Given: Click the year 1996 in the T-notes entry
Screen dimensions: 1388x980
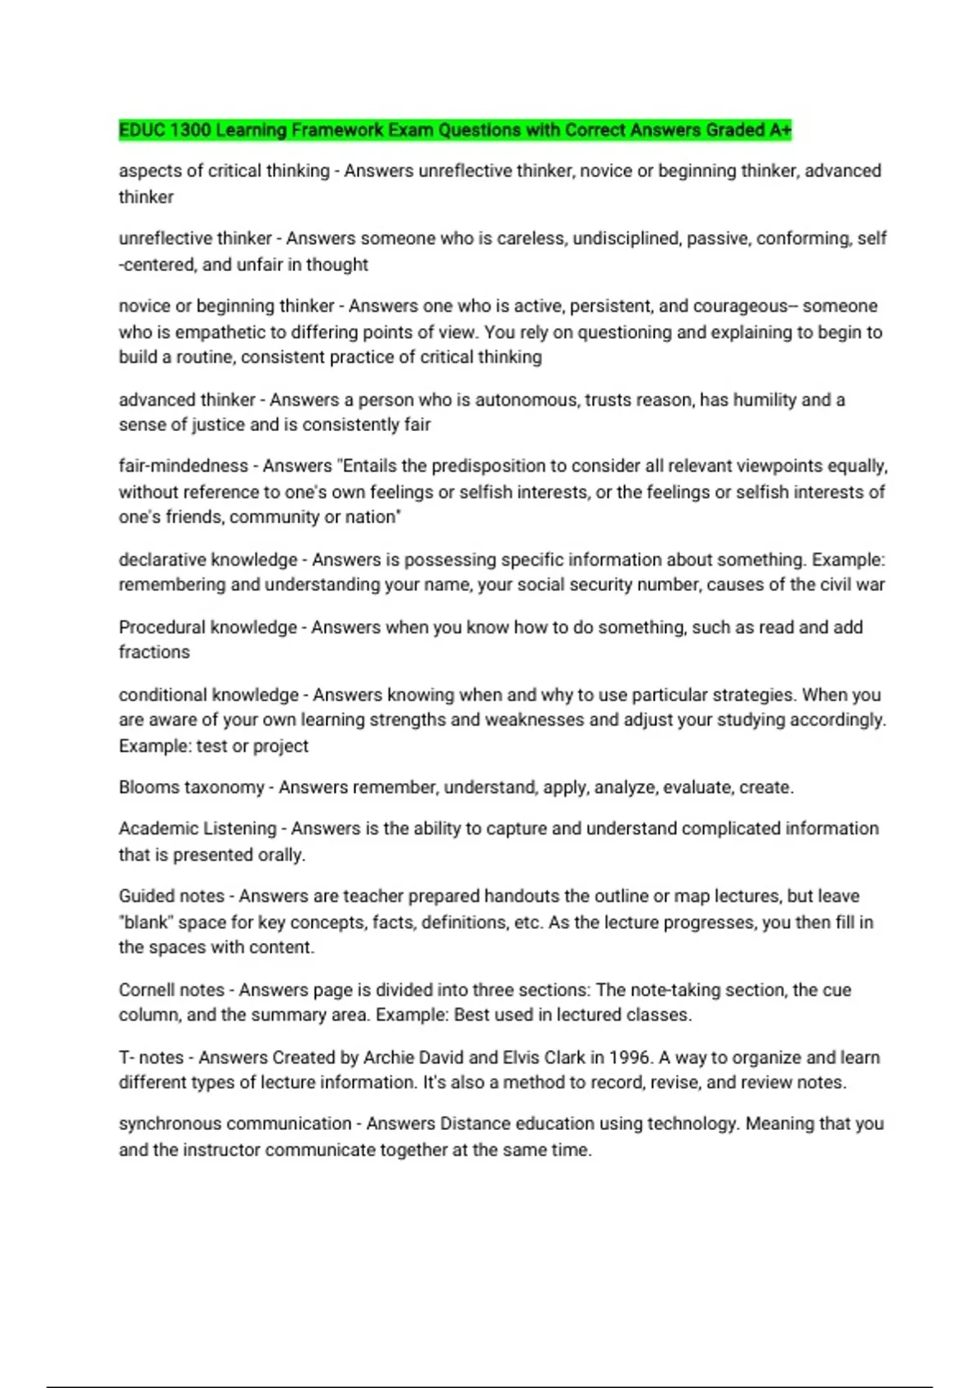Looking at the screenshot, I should point(630,1057).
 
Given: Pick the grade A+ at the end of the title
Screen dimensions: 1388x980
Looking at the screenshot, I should point(780,130).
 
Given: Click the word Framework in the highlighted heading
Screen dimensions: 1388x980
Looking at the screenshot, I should point(337,130).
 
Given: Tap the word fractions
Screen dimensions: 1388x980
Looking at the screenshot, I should point(154,652).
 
